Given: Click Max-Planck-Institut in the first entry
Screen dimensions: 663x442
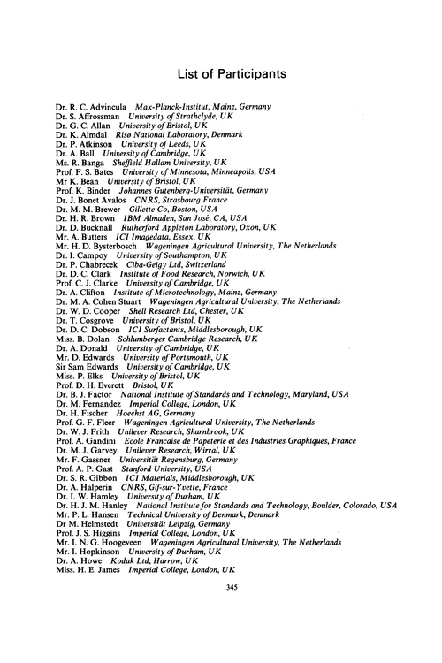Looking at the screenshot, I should pos(181,108).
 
